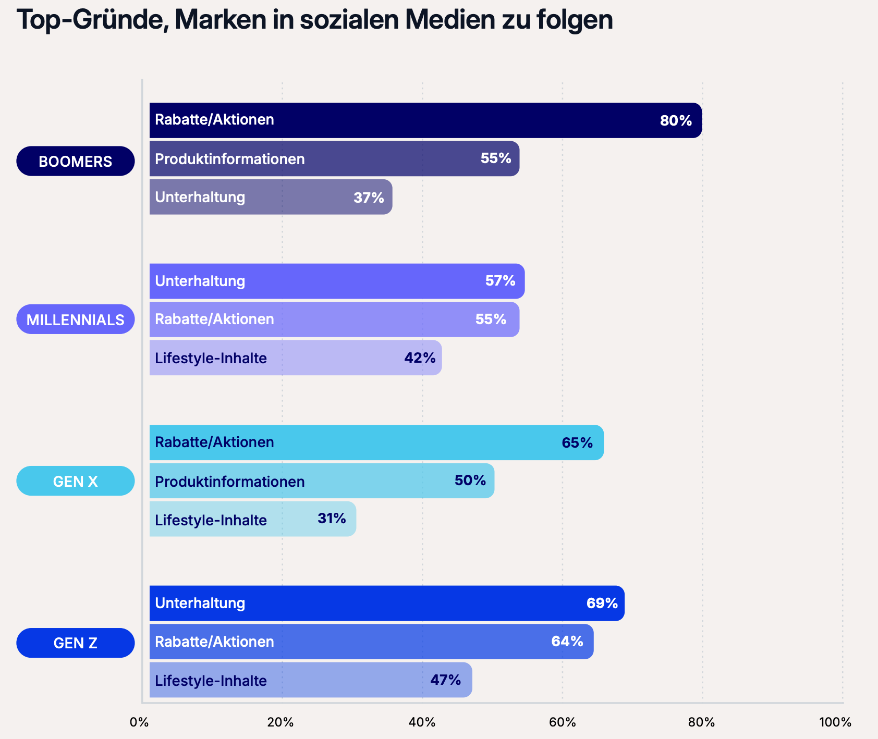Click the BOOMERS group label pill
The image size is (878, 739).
pos(76,161)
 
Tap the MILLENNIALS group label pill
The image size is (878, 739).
pos(76,319)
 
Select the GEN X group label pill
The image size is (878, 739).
pos(76,481)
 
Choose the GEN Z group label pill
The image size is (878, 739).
pos(76,643)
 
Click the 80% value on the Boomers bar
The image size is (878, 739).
pos(676,121)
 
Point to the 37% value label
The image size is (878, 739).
pos(369,198)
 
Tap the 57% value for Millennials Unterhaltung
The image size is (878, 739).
pos(500,281)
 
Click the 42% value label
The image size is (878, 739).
pos(420,358)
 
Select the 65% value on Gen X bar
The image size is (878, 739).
pos(577,442)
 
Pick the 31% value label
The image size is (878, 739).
pos(332,519)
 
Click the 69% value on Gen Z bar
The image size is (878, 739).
pos(602,603)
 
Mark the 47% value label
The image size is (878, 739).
pos(445,680)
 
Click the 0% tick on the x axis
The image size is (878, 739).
pos(139,722)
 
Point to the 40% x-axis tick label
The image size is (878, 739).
pos(422,722)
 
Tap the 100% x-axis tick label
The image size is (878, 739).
pos(835,722)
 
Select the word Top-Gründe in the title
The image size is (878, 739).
pos(92,21)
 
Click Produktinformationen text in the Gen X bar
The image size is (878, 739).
pos(230,481)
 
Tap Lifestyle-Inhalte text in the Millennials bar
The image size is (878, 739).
pos(211,359)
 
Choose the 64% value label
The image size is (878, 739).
pos(567,642)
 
